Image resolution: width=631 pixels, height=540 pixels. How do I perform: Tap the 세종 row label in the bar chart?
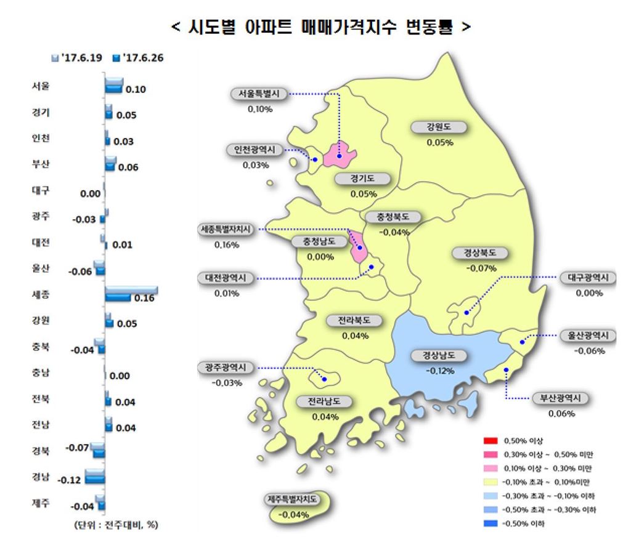(42, 295)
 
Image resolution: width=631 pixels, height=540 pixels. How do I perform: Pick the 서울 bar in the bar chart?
(114, 86)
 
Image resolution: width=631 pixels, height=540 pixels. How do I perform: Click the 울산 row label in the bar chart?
(42, 269)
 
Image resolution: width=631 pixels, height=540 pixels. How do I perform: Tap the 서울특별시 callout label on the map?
(259, 94)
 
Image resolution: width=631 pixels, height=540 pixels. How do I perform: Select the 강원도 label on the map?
(439, 127)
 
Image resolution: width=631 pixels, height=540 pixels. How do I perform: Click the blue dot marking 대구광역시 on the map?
(467, 313)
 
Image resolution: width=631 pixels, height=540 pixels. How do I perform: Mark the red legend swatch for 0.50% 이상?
(491, 441)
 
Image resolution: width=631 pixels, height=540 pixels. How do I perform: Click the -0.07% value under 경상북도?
(481, 268)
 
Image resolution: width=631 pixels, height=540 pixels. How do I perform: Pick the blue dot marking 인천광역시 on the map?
(314, 159)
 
